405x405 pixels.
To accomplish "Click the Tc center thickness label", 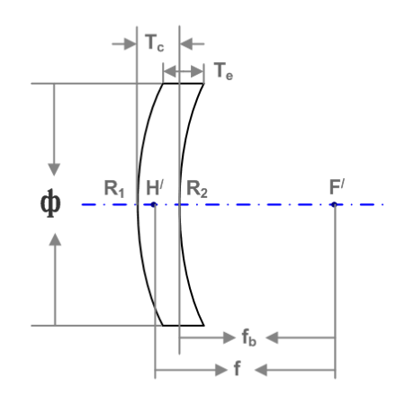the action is coord(155,42).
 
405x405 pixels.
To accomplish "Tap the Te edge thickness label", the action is coord(223,71).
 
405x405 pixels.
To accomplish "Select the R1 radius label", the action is coord(114,189).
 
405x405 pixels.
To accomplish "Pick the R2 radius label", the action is coord(197,189).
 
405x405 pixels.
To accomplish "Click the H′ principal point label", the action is coord(155,187).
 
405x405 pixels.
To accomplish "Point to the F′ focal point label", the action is coord(337,186).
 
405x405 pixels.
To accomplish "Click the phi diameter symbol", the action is coord(50,203).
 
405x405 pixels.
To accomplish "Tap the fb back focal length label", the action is coord(249,337).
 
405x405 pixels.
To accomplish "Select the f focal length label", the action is coord(237,368).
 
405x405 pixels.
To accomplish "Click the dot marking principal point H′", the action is coord(154,204).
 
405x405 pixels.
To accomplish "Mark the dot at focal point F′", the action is coord(334,204).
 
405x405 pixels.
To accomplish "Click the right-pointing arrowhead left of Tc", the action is coord(130,44).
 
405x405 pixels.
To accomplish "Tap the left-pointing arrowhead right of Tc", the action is coord(186,44).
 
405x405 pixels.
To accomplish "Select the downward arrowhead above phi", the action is coord(54,169).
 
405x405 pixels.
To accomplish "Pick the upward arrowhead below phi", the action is coord(55,239).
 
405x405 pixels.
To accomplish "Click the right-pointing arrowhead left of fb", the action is coord(229,337).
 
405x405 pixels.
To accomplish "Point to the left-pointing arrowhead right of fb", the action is coord(272,337).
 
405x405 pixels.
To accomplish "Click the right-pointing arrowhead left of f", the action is coord(221,370).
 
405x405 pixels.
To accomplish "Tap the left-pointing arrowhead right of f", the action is coord(261,370).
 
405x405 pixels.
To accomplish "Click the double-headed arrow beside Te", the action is coord(184,72).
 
